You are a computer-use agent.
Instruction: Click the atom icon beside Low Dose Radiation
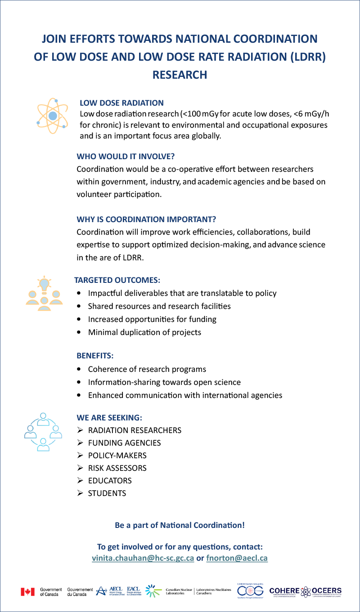[52, 115]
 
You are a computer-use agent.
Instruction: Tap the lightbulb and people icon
[44, 291]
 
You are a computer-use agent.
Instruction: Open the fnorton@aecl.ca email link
[237, 558]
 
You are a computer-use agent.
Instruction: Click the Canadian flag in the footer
[27, 591]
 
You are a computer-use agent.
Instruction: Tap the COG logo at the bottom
[250, 591]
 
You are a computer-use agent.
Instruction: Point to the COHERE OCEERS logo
[305, 591]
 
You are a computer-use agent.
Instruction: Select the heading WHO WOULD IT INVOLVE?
[126, 156]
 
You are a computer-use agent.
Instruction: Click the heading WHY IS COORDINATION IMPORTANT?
[146, 219]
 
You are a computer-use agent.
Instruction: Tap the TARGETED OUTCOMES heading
[117, 280]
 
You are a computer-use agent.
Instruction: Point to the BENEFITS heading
[95, 356]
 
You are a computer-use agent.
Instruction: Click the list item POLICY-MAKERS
[117, 456]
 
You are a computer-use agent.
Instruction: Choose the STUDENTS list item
[107, 493]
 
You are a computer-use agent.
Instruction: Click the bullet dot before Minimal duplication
[80, 333]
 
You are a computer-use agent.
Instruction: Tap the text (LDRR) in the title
[304, 57]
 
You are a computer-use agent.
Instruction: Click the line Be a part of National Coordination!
[180, 525]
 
